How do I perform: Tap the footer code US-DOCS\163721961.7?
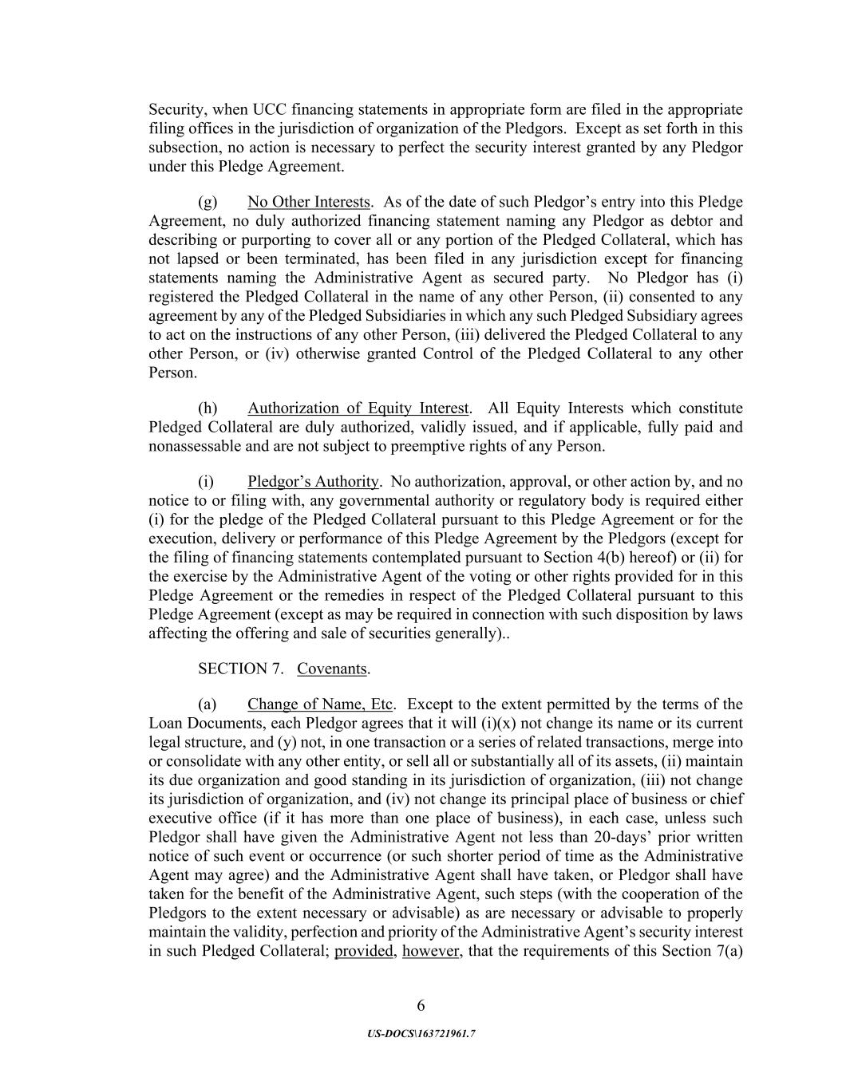[421, 1033]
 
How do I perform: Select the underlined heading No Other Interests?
[309, 202]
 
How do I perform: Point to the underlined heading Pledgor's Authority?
[313, 481]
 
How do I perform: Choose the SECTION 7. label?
[240, 669]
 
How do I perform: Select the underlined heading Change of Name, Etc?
[320, 704]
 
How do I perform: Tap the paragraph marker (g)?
[208, 202]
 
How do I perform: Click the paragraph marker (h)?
[208, 408]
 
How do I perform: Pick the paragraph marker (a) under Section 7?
[208, 704]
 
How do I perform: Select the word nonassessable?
[195, 446]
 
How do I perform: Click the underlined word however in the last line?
[431, 951]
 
